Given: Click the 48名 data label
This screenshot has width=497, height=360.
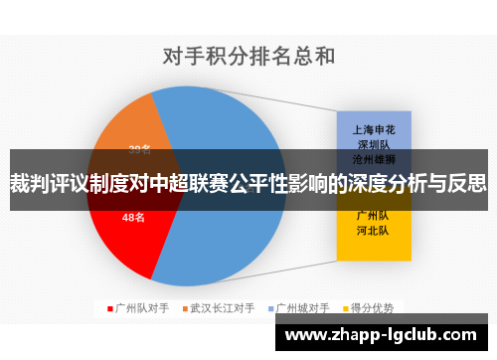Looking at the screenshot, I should [134, 217].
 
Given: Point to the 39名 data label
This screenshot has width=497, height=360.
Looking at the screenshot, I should [139, 150].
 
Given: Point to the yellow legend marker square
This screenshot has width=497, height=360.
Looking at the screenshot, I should [347, 307].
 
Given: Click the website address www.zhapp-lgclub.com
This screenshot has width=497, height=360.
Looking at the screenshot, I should [382, 334].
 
